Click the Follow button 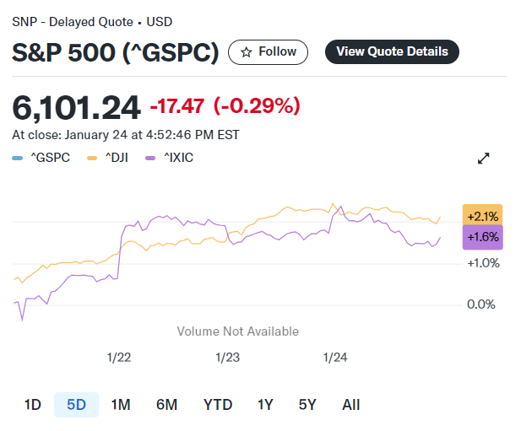pyautogui.click(x=269, y=51)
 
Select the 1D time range pyautogui.click(x=32, y=404)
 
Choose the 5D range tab pyautogui.click(x=76, y=404)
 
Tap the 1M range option pyautogui.click(x=120, y=404)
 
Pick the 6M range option pyautogui.click(x=166, y=404)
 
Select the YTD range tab pyautogui.click(x=218, y=404)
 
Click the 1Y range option pyautogui.click(x=265, y=404)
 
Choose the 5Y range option pyautogui.click(x=307, y=404)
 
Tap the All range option pyautogui.click(x=351, y=404)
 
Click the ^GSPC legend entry pyautogui.click(x=42, y=157)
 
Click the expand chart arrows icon pyautogui.click(x=484, y=159)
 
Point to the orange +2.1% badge pyautogui.click(x=482, y=216)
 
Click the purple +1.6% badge pyautogui.click(x=482, y=237)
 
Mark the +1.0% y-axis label pyautogui.click(x=483, y=263)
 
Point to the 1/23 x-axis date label pyautogui.click(x=227, y=357)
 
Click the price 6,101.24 pyautogui.click(x=76, y=107)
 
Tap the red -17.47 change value pyautogui.click(x=177, y=107)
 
